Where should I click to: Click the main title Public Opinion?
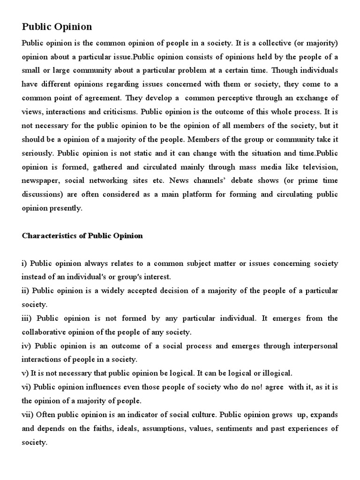[x=57, y=27]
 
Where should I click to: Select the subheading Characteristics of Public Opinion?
[x=82, y=236]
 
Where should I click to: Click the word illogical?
[x=275, y=373]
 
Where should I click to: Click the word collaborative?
[x=45, y=332]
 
